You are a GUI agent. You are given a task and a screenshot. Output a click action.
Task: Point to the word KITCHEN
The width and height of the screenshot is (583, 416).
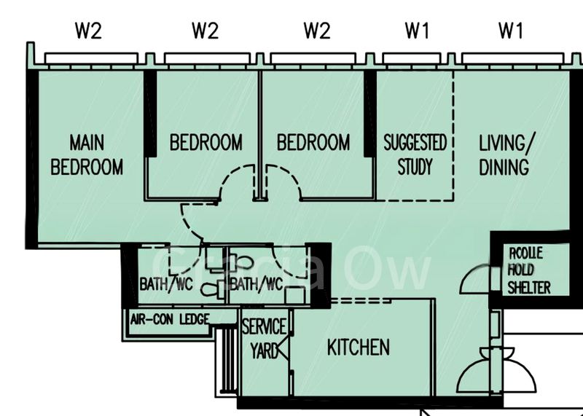click(x=358, y=347)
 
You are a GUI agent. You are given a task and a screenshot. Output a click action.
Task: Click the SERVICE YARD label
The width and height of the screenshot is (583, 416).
click(x=264, y=338)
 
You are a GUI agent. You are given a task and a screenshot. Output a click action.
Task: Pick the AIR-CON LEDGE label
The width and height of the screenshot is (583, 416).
click(x=169, y=318)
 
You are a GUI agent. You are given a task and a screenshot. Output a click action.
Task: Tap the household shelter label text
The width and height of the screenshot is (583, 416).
click(x=529, y=270)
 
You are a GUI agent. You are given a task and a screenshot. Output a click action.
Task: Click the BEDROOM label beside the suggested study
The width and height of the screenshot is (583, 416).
click(x=313, y=142)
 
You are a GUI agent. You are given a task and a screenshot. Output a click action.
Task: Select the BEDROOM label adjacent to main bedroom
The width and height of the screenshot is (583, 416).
click(x=206, y=142)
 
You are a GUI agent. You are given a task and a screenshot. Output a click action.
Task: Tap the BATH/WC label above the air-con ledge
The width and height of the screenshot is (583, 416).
click(x=165, y=284)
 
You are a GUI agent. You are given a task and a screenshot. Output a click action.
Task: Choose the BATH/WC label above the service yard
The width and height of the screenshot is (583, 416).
click(x=256, y=284)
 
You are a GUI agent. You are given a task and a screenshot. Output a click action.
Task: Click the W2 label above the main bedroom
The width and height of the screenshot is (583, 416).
click(x=89, y=31)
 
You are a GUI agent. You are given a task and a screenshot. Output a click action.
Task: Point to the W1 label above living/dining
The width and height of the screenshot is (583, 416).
click(x=511, y=31)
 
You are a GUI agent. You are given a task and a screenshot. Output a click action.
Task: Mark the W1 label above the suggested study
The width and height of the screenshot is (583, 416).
click(x=417, y=31)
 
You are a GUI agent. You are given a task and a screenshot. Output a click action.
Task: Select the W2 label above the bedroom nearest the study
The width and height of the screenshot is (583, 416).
click(x=317, y=31)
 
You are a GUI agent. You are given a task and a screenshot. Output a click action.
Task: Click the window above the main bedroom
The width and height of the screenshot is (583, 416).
click(x=91, y=58)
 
